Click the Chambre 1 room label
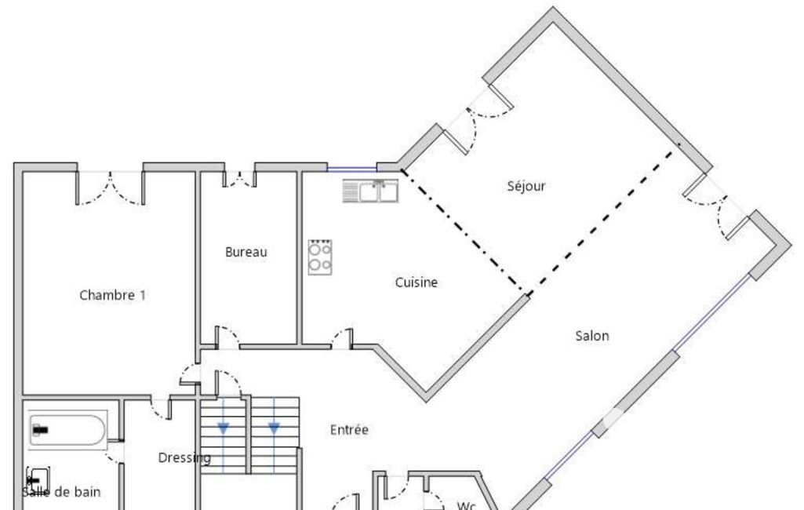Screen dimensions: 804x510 coord(113,295)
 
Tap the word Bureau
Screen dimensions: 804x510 coord(246,252)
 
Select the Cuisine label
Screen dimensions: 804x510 coord(417,282)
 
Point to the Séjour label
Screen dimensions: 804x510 coord(526,186)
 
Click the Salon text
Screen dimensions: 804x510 coord(592,336)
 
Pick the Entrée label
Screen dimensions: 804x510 coord(349,429)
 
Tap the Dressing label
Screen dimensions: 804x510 coord(184,458)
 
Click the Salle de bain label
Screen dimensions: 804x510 coord(61,492)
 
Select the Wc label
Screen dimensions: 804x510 coord(466,506)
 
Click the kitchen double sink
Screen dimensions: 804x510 coord(371,191)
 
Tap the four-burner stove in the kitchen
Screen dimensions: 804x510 coord(320,257)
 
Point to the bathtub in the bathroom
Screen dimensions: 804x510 coord(67,430)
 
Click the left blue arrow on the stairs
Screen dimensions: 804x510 coord(224,428)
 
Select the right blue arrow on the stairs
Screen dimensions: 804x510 coord(274,428)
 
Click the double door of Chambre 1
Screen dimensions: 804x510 coord(111,188)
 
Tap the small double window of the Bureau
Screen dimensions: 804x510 coord(239,179)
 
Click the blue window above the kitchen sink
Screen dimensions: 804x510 coord(351,168)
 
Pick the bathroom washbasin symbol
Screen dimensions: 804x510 coord(38,480)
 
